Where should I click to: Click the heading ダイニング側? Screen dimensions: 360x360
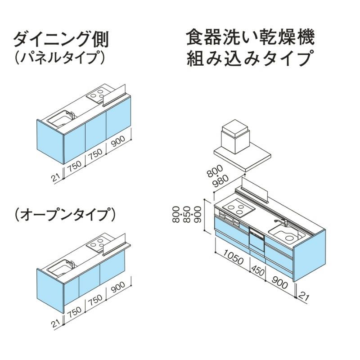[61, 40]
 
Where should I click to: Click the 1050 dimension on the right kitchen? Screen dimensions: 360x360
[233, 260]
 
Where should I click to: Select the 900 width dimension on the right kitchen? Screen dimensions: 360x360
[279, 283]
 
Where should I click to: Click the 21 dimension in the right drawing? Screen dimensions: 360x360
[304, 296]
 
